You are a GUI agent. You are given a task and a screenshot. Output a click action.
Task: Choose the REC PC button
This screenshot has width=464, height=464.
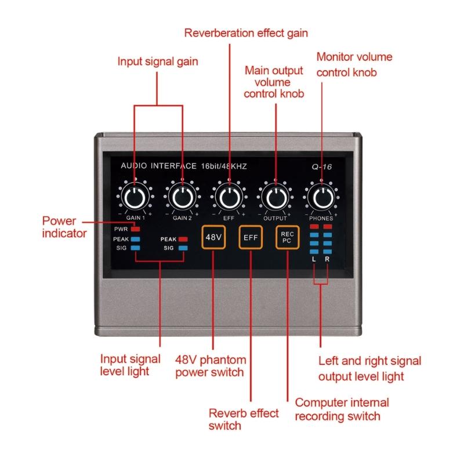287,237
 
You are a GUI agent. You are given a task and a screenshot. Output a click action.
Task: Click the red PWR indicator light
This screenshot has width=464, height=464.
135,229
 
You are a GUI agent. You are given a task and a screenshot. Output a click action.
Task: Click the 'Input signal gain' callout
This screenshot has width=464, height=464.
157,61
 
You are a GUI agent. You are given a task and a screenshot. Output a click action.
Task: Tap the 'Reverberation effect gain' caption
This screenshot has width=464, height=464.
246,32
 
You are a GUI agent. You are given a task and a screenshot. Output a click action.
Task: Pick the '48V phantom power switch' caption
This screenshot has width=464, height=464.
210,365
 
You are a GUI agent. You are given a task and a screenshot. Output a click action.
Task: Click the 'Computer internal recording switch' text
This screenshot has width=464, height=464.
342,409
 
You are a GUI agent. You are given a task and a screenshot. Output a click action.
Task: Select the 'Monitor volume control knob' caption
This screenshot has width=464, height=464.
354,64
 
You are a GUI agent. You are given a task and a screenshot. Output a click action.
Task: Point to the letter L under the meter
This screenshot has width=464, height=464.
314,259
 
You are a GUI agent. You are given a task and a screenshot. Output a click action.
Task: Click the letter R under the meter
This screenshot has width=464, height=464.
327,259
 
